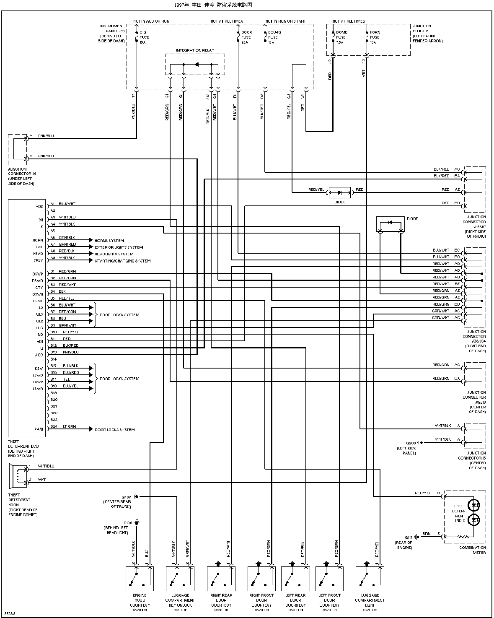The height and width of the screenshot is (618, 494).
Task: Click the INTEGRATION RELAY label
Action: pyautogui.click(x=195, y=50)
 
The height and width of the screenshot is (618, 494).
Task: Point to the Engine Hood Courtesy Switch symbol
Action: pyautogui.click(x=140, y=579)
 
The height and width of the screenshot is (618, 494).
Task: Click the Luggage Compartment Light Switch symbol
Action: pyautogui.click(x=370, y=579)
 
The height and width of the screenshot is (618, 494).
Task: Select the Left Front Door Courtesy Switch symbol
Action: pyautogui.click(x=329, y=579)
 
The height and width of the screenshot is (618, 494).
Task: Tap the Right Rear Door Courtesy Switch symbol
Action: pyautogui.click(x=221, y=579)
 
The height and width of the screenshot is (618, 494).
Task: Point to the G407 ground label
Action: pyautogui.click(x=126, y=496)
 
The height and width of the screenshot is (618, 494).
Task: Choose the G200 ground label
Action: pyautogui.click(x=411, y=443)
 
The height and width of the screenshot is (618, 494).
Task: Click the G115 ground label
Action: pyautogui.click(x=409, y=537)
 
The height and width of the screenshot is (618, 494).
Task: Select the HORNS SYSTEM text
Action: pyautogui.click(x=109, y=241)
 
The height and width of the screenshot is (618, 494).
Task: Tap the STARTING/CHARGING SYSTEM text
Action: pyautogui.click(x=122, y=261)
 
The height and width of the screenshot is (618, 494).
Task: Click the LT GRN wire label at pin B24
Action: pyautogui.click(x=69, y=426)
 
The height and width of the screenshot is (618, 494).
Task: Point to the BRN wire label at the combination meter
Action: pyautogui.click(x=426, y=534)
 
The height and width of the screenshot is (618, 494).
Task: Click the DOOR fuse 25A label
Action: pyautogui.click(x=246, y=37)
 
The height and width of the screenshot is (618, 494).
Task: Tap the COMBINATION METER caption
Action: pyautogui.click(x=472, y=550)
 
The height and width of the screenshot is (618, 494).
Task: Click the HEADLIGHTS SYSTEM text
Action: pyautogui.click(x=114, y=254)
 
